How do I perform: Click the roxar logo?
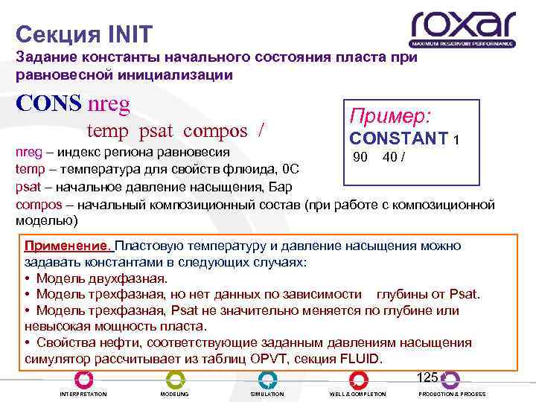click(462, 29)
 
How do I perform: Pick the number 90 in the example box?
click(360, 157)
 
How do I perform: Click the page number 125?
click(427, 377)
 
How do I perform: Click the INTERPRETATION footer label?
click(83, 394)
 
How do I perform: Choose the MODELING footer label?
click(175, 394)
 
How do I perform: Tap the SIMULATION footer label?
click(267, 394)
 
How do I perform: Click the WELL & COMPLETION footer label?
click(358, 394)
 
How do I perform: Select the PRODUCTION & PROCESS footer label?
click(452, 394)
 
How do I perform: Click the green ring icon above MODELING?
click(176, 379)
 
